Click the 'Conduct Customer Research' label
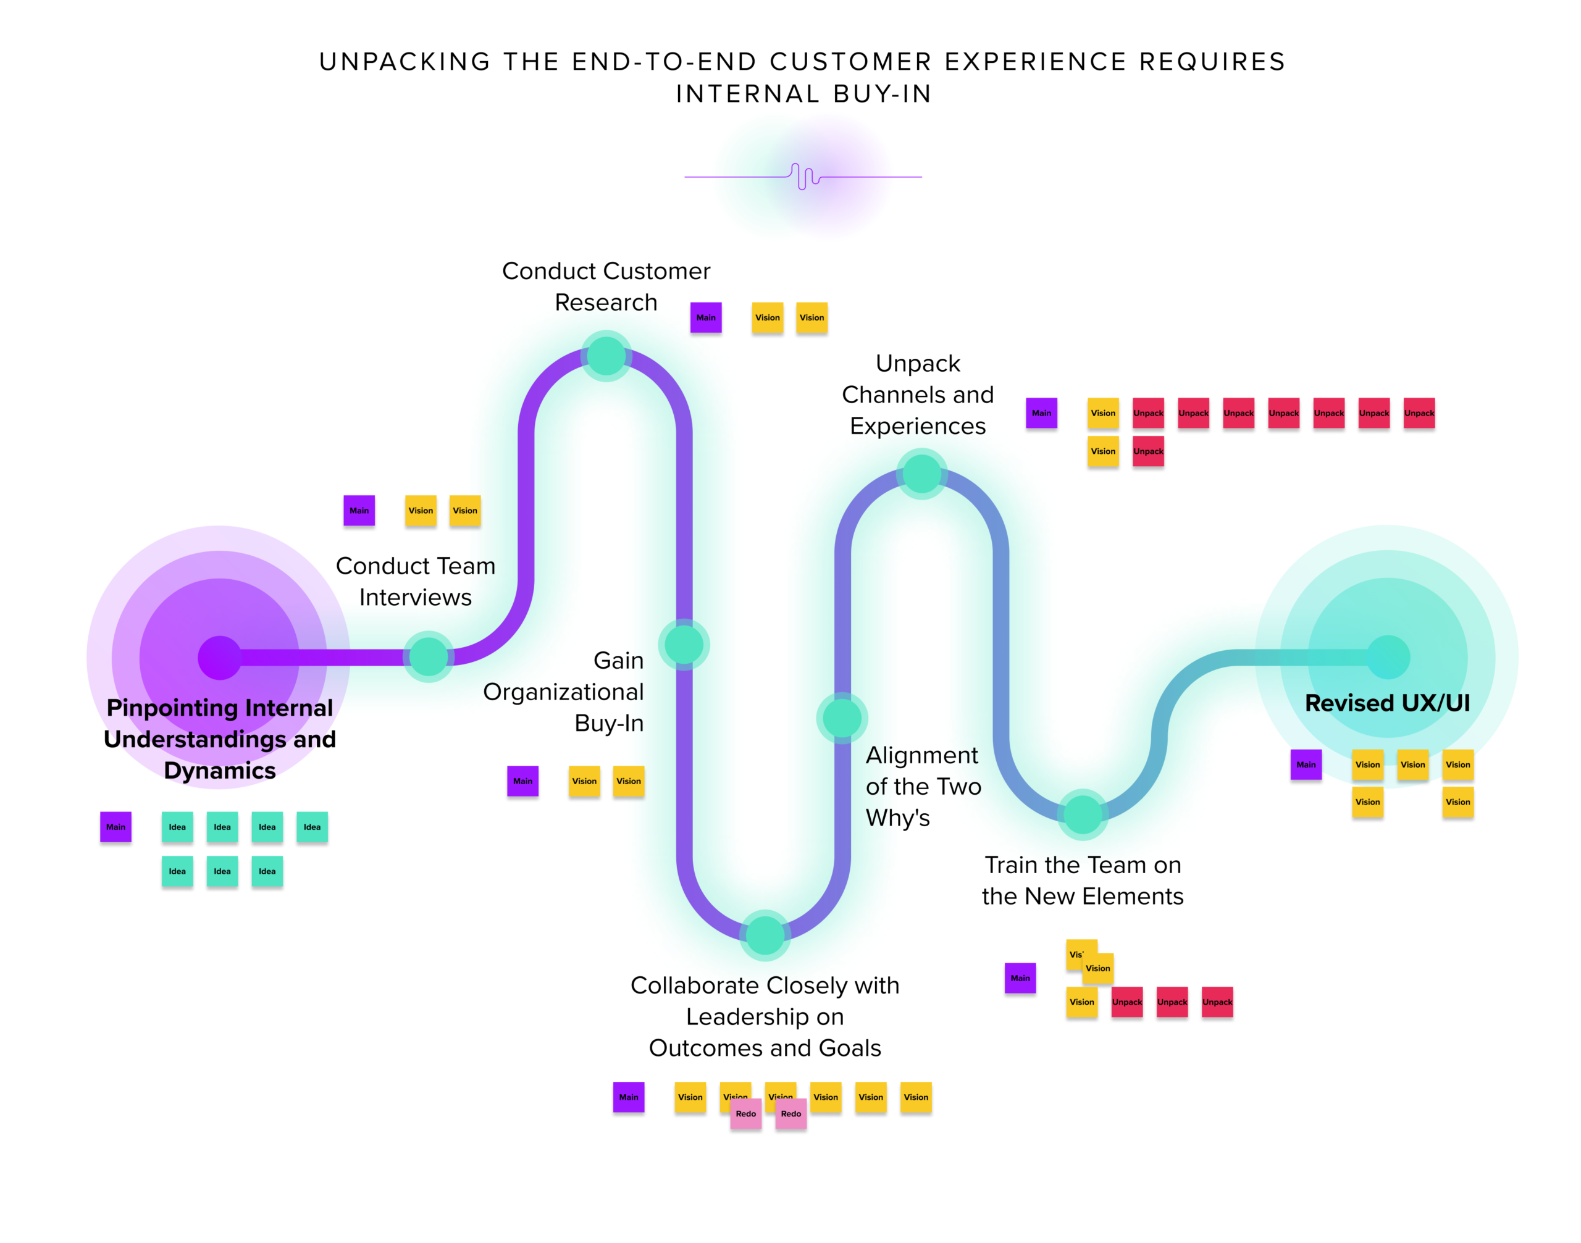click(606, 286)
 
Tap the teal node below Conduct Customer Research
click(606, 356)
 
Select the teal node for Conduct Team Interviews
click(428, 656)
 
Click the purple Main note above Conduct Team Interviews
click(359, 510)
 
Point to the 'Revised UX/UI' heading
click(1386, 703)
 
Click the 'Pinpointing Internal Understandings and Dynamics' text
click(219, 739)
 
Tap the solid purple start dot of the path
click(219, 657)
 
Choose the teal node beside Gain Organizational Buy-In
click(684, 644)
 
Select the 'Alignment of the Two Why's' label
click(922, 786)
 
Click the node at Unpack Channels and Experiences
click(921, 474)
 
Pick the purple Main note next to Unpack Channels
click(1041, 412)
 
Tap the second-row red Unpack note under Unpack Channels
click(1148, 451)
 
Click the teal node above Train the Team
click(1083, 814)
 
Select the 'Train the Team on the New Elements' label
click(1083, 880)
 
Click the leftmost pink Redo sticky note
click(745, 1114)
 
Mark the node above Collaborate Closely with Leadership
click(765, 935)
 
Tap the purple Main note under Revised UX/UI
click(1305, 764)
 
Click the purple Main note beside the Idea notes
click(115, 827)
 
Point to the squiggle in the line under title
click(803, 176)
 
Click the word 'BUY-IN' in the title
click(883, 94)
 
